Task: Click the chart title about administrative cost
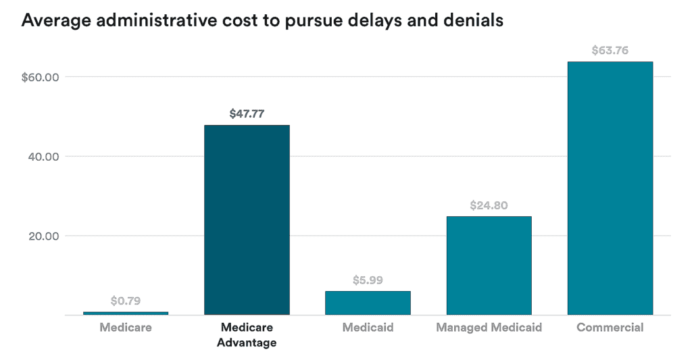click(x=262, y=20)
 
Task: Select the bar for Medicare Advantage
click(x=247, y=220)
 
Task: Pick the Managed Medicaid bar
click(x=489, y=265)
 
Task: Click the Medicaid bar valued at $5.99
click(x=368, y=303)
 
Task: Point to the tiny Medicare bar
click(x=126, y=313)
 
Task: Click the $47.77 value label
click(x=247, y=113)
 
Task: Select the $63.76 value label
click(x=610, y=50)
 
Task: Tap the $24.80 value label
click(x=489, y=205)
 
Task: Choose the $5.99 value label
click(x=368, y=280)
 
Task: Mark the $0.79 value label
click(x=126, y=301)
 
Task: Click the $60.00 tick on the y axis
click(x=41, y=77)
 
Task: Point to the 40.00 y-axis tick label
click(x=44, y=157)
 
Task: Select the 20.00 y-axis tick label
click(x=44, y=236)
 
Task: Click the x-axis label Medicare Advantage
click(x=247, y=335)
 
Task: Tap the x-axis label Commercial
click(x=610, y=328)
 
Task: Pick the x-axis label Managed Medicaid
click(x=489, y=328)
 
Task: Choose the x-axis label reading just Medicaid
click(x=368, y=328)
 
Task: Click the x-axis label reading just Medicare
click(x=126, y=328)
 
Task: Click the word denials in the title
click(x=474, y=20)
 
